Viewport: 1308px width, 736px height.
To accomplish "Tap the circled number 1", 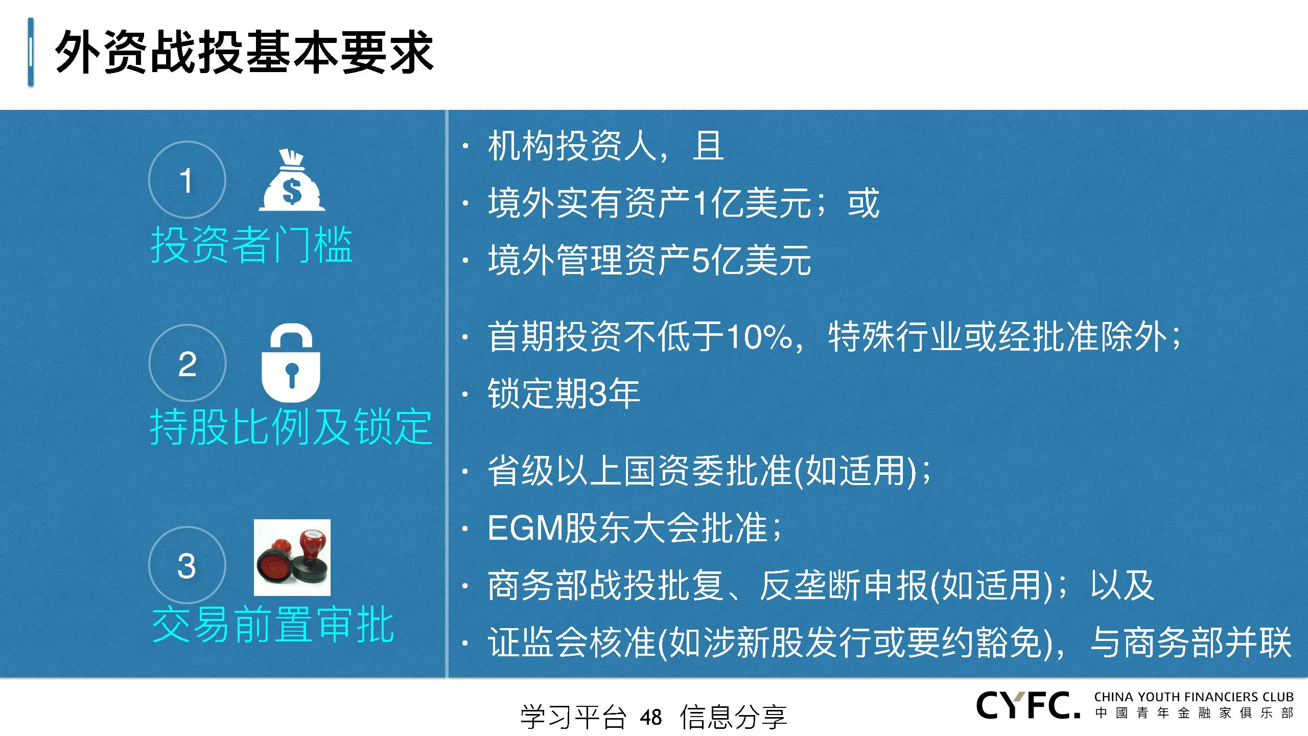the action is click(187, 180).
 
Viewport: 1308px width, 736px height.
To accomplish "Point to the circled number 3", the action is click(187, 565).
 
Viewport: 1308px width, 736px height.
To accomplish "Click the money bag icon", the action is click(292, 180).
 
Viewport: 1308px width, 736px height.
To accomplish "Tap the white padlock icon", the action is click(291, 364).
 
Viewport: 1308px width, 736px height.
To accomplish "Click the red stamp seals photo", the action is click(292, 558).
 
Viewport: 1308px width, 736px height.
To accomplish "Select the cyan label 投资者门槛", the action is click(251, 245).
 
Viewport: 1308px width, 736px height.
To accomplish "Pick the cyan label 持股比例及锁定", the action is click(291, 427).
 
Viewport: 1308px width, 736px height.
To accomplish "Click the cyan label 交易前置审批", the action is click(273, 624).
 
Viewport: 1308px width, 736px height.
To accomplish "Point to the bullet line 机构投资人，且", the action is click(606, 147).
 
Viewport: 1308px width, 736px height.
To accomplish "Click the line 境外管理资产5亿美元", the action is click(649, 260).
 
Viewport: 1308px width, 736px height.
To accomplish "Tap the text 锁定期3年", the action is click(564, 394).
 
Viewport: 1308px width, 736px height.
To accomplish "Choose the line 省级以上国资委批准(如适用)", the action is click(709, 471).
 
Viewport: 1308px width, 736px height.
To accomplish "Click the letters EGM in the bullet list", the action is click(525, 528).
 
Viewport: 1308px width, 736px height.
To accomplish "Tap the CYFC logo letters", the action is click(1028, 705).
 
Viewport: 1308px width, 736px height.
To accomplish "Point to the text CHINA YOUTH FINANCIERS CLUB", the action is click(1194, 697).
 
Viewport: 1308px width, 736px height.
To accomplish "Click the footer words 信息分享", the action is click(733, 717).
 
